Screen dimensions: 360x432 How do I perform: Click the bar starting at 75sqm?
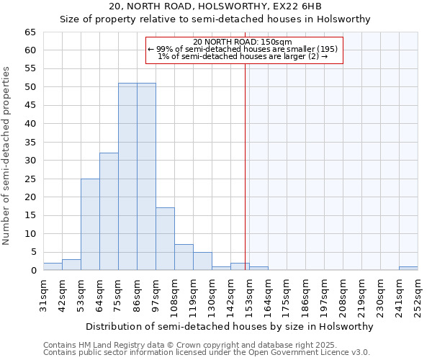click(127, 176)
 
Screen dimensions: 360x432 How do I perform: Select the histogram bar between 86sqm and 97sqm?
click(146, 176)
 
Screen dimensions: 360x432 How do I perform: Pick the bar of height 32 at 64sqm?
click(109, 212)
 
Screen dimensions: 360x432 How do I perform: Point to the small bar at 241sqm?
click(408, 269)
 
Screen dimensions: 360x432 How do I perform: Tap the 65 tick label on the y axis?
click(30, 32)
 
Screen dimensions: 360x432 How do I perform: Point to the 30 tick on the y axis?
click(30, 161)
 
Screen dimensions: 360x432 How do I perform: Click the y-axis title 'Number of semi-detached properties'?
click(7, 156)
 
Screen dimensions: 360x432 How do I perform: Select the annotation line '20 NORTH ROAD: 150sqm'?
click(243, 42)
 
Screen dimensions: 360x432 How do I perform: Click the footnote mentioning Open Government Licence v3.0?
click(207, 352)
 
